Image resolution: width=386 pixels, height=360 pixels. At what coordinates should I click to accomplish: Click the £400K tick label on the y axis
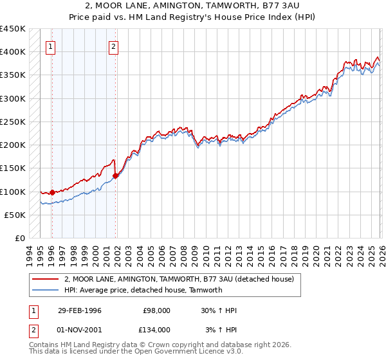(x=13, y=51)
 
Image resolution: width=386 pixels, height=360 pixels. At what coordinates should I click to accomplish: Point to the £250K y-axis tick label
(x=13, y=122)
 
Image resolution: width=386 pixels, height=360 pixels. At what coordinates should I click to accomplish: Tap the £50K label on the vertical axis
(x=15, y=215)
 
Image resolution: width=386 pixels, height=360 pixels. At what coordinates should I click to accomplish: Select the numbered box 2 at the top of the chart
(x=113, y=46)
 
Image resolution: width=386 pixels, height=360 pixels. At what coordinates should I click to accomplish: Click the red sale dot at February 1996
(x=52, y=192)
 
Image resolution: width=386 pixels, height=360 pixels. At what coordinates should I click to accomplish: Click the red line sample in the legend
(x=46, y=279)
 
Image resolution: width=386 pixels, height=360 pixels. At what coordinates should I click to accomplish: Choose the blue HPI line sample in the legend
(x=46, y=290)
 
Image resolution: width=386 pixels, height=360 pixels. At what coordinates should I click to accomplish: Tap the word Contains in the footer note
(x=44, y=345)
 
